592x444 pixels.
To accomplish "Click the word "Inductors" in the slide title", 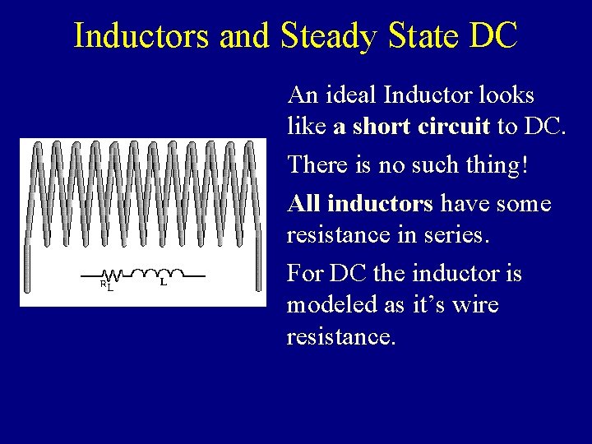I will [136, 35].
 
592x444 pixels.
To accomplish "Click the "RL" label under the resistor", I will [106, 285].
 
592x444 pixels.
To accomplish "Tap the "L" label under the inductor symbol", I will [163, 282].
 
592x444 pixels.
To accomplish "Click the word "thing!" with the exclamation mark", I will [498, 166].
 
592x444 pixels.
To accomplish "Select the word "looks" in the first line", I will [506, 95].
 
